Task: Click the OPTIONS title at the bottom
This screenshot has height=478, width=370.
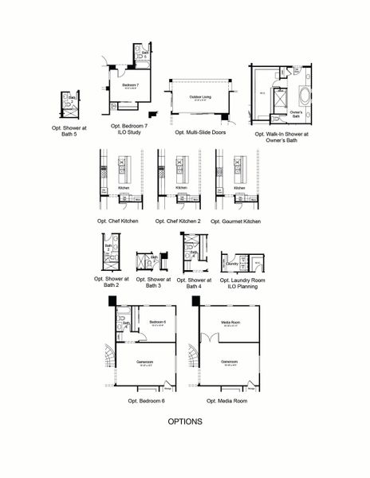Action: (184, 421)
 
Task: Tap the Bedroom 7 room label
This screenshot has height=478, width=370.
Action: (130, 84)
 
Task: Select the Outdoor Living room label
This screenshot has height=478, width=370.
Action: (200, 97)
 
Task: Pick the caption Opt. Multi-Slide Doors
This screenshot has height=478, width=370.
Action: (200, 133)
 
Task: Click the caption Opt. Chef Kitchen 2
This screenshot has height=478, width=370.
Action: (179, 221)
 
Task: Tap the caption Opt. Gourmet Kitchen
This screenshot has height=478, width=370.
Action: (235, 221)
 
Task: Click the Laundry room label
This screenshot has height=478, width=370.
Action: (232, 263)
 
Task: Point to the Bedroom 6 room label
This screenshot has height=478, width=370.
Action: (156, 322)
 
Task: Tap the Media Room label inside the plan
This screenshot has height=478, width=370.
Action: (230, 322)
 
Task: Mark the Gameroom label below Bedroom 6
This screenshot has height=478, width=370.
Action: (144, 362)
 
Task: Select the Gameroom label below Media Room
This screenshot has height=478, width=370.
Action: (230, 362)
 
